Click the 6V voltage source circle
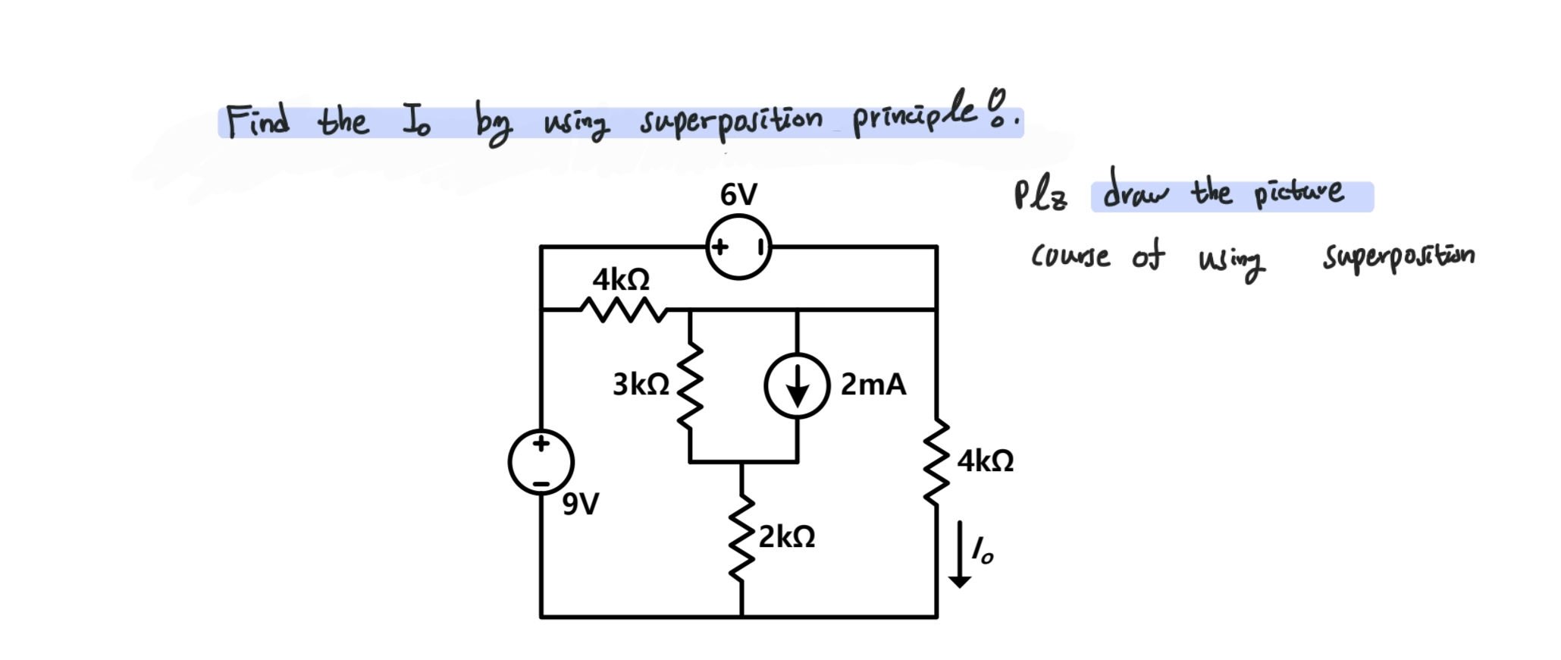point(738,247)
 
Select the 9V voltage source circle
point(541,462)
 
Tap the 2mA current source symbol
point(797,385)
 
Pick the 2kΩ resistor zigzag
point(741,537)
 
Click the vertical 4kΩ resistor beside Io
point(937,461)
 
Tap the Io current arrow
point(960,554)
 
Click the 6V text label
point(738,195)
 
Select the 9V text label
point(581,503)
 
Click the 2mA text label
point(873,385)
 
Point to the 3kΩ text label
point(641,385)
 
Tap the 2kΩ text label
point(787,536)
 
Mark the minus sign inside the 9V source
point(541,482)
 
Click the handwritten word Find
point(258,121)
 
